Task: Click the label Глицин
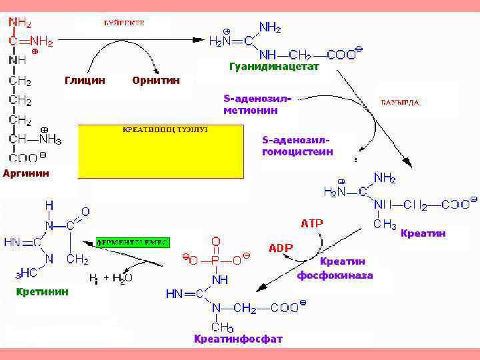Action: point(85,81)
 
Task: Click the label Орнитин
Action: point(156,81)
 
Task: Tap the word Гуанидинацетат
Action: point(274,67)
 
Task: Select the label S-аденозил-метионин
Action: point(257,105)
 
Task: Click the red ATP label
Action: point(311,223)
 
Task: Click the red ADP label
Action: point(281,248)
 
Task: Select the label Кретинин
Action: point(42,291)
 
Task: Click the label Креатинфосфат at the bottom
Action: point(238,339)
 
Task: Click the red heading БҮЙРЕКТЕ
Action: point(124,23)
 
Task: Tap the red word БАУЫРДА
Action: point(399,103)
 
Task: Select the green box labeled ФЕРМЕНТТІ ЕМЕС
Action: point(134,241)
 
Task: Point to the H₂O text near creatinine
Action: point(121,277)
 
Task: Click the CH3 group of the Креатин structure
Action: point(384,225)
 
